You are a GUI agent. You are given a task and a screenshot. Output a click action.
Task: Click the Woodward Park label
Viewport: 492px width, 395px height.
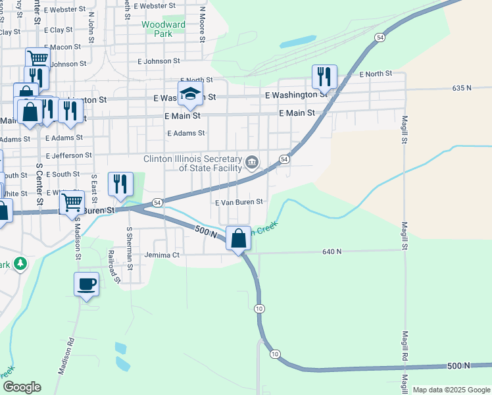(164, 29)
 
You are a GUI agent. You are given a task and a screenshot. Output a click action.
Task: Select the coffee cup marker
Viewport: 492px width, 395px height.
(86, 284)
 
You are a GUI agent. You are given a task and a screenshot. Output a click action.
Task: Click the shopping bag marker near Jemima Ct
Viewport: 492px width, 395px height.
(239, 238)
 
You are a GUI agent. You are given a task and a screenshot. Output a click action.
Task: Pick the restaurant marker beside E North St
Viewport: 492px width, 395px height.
(324, 77)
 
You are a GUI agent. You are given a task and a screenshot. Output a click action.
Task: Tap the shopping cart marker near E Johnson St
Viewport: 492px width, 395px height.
(38, 59)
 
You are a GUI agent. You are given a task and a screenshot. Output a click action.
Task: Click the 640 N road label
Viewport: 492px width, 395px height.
(332, 251)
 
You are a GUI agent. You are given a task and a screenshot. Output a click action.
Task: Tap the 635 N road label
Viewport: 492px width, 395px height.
(462, 88)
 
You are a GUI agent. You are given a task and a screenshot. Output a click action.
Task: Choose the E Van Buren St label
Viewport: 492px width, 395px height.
(239, 202)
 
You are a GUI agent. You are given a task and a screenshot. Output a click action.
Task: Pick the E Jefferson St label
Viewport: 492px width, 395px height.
(68, 155)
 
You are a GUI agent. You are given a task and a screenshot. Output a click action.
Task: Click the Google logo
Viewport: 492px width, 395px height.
(22, 387)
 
